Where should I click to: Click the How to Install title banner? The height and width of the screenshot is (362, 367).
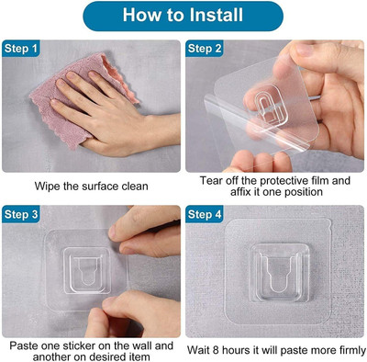tap(183, 17)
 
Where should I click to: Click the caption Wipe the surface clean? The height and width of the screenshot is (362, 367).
tap(91, 185)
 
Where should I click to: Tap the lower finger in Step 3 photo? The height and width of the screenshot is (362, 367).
tap(147, 312)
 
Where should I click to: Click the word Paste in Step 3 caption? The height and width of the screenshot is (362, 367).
tap(26, 346)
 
